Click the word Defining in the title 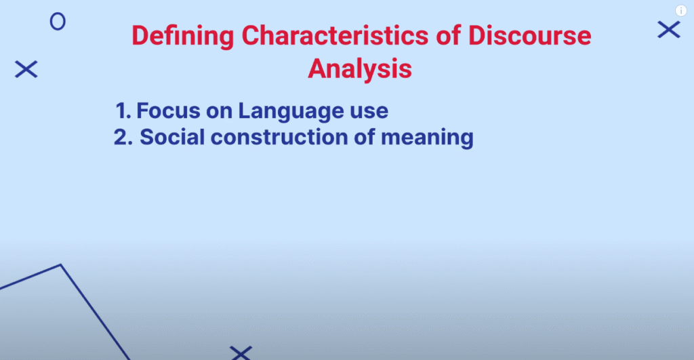pyautogui.click(x=183, y=36)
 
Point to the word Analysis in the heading pyautogui.click(x=360, y=69)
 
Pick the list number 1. pyautogui.click(x=123, y=111)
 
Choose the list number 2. pyautogui.click(x=123, y=137)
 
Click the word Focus pyautogui.click(x=168, y=111)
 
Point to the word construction pyautogui.click(x=279, y=138)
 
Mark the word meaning pyautogui.click(x=427, y=138)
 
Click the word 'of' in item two pyautogui.click(x=364, y=137)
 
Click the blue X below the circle pyautogui.click(x=26, y=70)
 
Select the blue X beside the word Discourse pyautogui.click(x=669, y=30)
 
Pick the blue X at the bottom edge pyautogui.click(x=241, y=353)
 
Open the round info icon pyautogui.click(x=680, y=11)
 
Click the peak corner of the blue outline pyautogui.click(x=60, y=265)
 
